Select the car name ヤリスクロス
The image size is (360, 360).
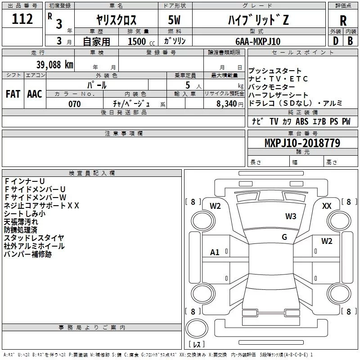(x=117, y=20)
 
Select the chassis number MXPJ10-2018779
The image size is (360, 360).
(x=302, y=143)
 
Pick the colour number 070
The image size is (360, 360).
(x=74, y=104)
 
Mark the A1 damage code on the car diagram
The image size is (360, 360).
(x=215, y=252)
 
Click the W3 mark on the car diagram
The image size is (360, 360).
(x=291, y=216)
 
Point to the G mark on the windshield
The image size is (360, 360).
(x=284, y=237)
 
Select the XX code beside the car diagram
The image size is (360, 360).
(x=327, y=206)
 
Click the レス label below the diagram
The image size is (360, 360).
(x=197, y=345)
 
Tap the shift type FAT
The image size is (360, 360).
(x=13, y=94)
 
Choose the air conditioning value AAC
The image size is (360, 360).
(x=35, y=94)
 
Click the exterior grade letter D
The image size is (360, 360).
(x=335, y=41)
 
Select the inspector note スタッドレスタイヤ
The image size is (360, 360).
(x=34, y=238)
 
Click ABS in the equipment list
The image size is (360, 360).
(x=302, y=121)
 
